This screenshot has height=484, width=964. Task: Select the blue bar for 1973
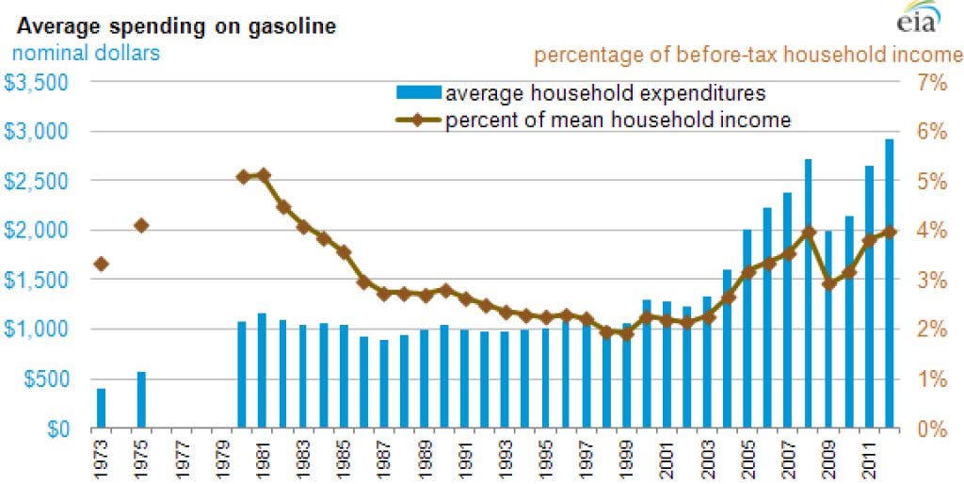click(x=102, y=408)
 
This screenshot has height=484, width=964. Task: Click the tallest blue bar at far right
click(x=889, y=283)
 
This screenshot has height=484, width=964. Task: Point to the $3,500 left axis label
click(x=37, y=82)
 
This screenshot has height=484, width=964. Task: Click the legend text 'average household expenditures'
click(x=605, y=94)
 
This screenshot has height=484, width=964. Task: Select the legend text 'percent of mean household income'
click(x=618, y=120)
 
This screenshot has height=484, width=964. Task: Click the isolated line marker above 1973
click(x=102, y=264)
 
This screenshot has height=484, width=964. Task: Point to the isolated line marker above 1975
click(x=141, y=225)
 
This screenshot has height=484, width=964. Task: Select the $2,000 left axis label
click(x=37, y=231)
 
